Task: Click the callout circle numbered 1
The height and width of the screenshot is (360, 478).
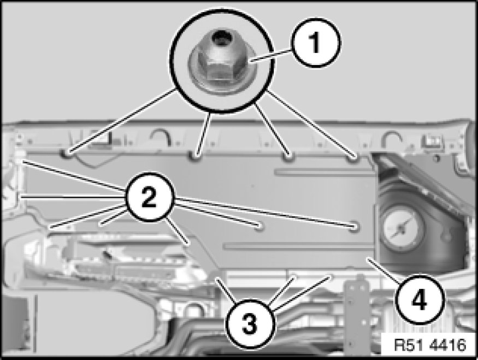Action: click(x=315, y=43)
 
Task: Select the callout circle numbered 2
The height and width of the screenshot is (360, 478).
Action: click(x=149, y=197)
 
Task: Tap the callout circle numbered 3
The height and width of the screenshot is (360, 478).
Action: click(x=250, y=323)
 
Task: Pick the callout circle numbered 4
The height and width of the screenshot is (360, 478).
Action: click(x=419, y=300)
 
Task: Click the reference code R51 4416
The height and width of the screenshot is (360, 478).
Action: click(x=430, y=345)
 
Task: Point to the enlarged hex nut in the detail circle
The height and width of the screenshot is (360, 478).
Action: click(x=222, y=62)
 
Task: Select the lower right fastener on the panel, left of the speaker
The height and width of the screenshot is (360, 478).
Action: click(x=353, y=227)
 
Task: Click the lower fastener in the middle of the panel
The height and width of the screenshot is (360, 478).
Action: click(x=259, y=226)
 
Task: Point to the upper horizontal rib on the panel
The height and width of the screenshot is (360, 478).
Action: click(x=325, y=172)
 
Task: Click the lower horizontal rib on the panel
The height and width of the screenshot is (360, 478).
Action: click(x=299, y=246)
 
